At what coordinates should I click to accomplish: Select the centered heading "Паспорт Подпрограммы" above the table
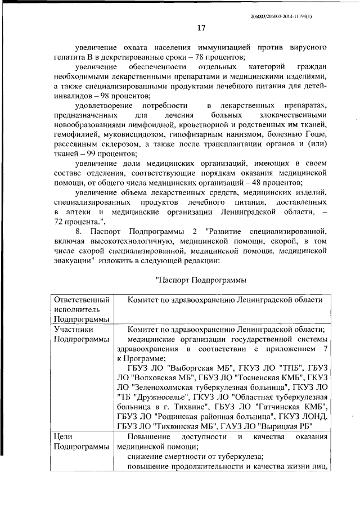pyautogui.click(x=200, y=280)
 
